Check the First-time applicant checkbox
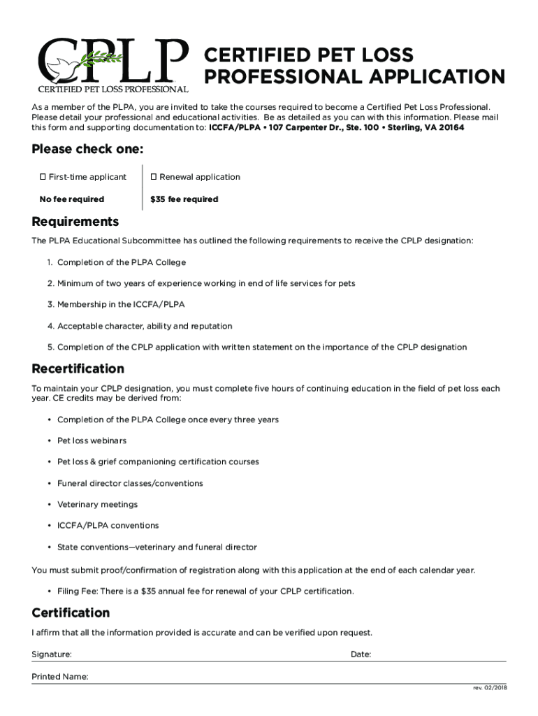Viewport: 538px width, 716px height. tap(43, 177)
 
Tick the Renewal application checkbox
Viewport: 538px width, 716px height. tap(154, 177)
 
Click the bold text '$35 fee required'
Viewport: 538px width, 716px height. tap(184, 199)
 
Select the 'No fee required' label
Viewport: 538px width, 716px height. tap(72, 199)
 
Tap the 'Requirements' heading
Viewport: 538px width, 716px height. tap(75, 222)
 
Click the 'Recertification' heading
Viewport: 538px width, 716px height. tap(78, 368)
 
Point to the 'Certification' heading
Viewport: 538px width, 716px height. tap(71, 613)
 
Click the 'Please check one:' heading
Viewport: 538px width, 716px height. tap(87, 150)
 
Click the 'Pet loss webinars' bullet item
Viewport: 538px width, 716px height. tap(92, 441)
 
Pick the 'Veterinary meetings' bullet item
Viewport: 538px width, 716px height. tap(97, 504)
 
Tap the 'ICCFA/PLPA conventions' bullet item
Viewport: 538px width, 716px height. tap(108, 525)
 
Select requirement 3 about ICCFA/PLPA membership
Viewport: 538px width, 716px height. tap(121, 305)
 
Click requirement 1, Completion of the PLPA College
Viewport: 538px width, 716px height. tap(122, 262)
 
